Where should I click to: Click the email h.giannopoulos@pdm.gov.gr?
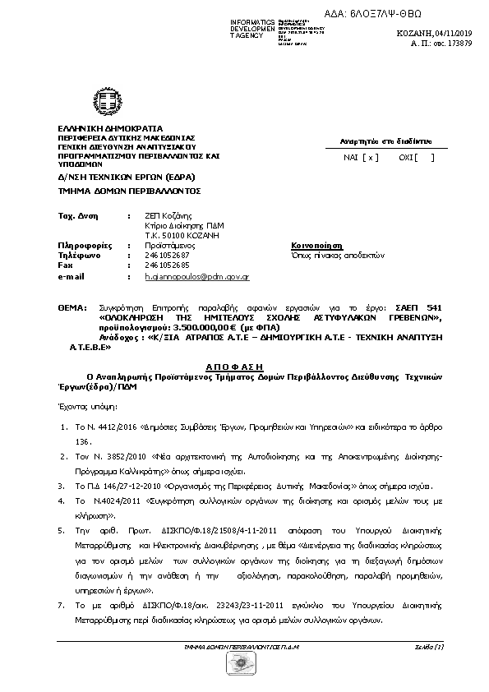[197, 278]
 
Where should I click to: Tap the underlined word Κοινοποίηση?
[316, 245]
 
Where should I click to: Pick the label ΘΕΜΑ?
[72, 306]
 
